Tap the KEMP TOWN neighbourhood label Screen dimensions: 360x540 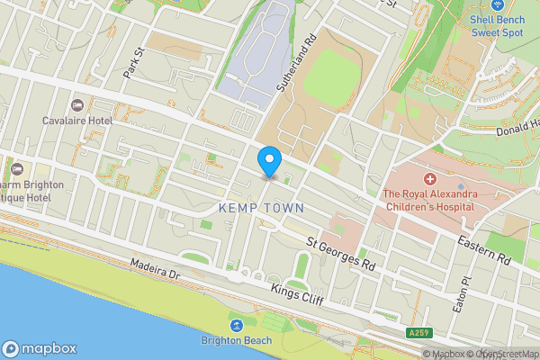pos(261,208)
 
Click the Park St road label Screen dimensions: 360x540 pos(134,64)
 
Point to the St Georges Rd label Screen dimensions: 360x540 pos(339,253)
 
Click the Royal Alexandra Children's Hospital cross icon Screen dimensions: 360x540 pos(429,178)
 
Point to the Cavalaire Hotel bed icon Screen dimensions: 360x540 pos(76,105)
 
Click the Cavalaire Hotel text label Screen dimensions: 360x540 pos(76,120)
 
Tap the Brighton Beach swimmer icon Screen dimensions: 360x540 pos(237,325)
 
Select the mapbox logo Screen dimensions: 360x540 pos(40,348)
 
